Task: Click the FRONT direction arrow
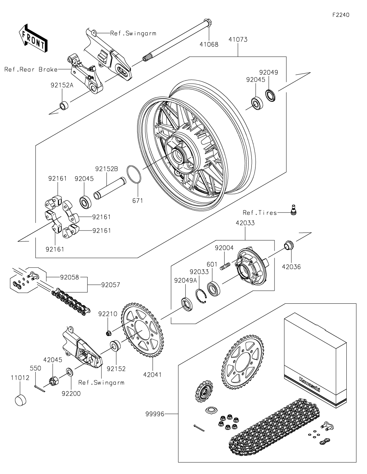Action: tap(33, 38)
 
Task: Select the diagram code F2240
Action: tap(341, 15)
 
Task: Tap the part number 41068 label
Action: tap(209, 44)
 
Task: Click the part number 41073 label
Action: tap(238, 40)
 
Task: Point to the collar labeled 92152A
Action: tap(64, 106)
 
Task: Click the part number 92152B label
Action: tap(106, 169)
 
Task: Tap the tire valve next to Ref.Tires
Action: tap(294, 209)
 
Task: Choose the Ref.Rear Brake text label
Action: tap(31, 69)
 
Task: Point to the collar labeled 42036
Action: tap(289, 245)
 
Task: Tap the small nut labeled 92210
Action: tap(109, 333)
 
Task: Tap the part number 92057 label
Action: tap(110, 285)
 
